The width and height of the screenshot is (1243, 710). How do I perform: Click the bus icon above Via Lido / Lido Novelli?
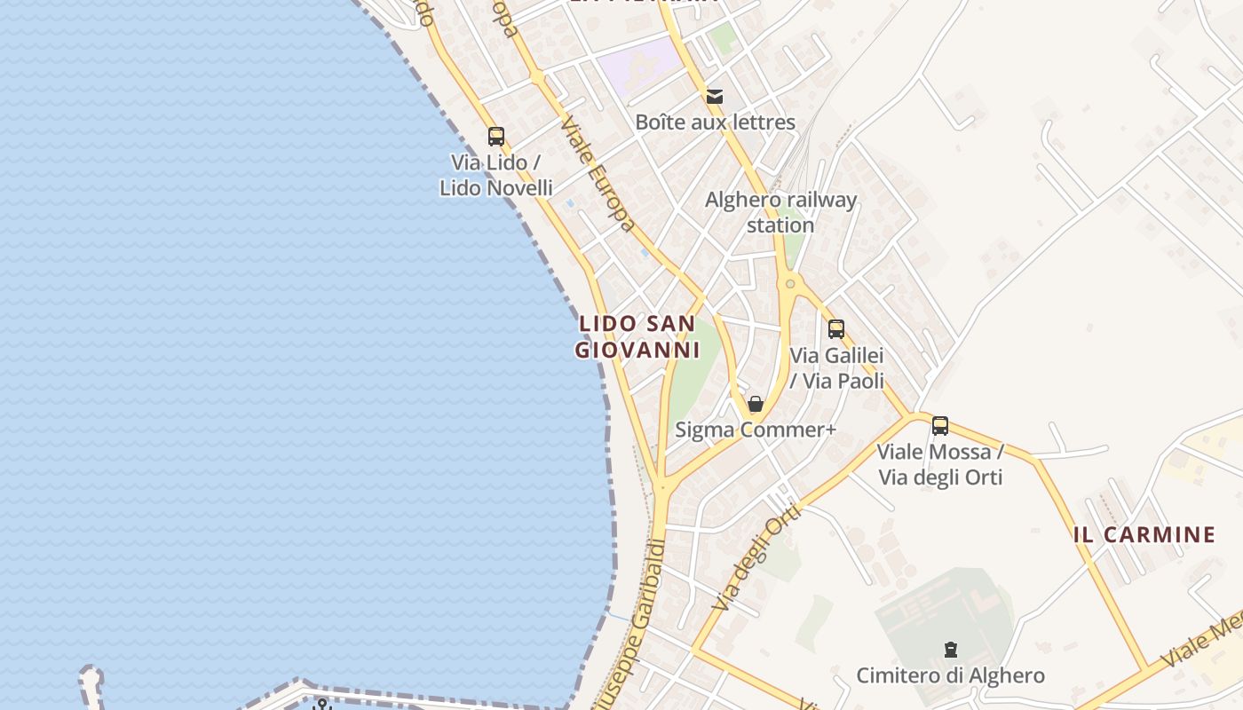point(496,137)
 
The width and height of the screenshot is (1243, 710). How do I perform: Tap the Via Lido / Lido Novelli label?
point(496,176)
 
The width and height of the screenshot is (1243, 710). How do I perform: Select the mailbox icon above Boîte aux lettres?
point(715,96)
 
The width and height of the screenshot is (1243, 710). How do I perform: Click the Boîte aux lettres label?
point(715,122)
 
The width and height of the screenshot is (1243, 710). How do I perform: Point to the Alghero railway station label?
point(780,212)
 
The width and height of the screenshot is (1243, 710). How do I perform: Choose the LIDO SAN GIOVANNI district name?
point(637,336)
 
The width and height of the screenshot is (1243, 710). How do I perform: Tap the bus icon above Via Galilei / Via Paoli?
point(835,329)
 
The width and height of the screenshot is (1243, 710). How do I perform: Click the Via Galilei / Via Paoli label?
point(837,368)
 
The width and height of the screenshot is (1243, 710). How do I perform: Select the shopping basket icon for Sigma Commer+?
point(756,405)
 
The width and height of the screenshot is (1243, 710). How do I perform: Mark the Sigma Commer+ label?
point(756,430)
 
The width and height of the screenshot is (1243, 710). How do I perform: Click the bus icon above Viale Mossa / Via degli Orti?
point(940,426)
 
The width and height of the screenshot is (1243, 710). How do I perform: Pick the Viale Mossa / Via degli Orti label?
point(940,465)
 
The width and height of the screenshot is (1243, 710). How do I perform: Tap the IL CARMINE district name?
point(1144,535)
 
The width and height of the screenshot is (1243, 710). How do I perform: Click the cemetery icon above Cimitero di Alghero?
point(951,650)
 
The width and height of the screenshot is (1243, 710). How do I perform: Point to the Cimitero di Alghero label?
point(950,676)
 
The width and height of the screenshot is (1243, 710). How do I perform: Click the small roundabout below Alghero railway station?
point(789,284)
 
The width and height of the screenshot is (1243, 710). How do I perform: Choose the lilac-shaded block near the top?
point(637,64)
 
